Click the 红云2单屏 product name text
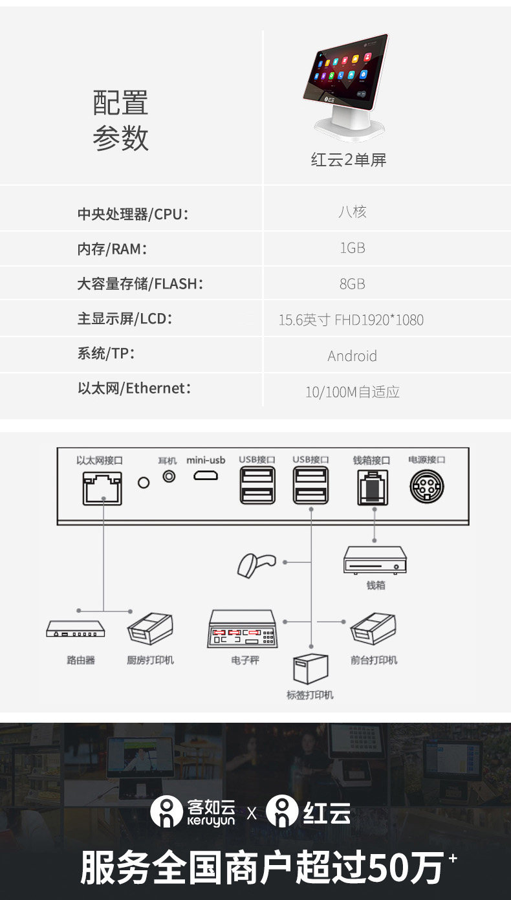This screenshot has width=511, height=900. click(348, 160)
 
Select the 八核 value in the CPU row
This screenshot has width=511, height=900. click(352, 212)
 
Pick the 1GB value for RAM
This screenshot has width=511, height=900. click(352, 248)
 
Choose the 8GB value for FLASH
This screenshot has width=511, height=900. click(352, 284)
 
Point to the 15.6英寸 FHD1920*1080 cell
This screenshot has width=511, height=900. click(351, 320)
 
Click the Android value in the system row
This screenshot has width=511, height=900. click(352, 356)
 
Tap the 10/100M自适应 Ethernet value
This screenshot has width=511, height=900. click(352, 391)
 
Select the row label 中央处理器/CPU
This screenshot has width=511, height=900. click(133, 214)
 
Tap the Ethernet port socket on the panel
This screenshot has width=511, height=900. click(102, 488)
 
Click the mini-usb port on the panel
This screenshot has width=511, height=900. click(206, 476)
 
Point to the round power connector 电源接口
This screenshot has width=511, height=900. click(426, 486)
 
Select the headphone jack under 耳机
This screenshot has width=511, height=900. click(169, 476)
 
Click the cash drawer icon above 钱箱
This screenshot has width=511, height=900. click(375, 560)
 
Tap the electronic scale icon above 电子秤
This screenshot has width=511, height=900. click(243, 628)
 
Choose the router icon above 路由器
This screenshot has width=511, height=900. click(76, 629)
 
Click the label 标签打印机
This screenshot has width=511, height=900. click(310, 695)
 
